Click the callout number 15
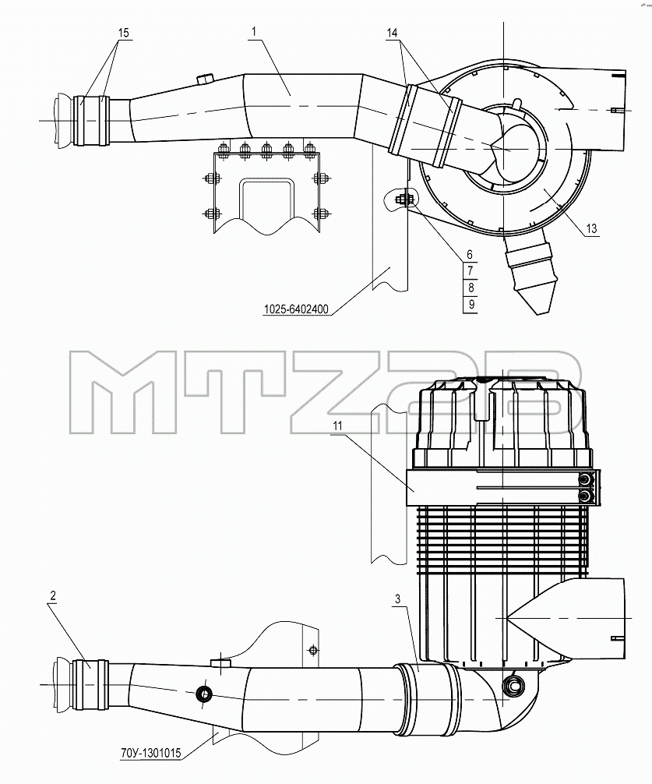(x=123, y=33)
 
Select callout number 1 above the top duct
(x=254, y=31)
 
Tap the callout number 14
(x=392, y=33)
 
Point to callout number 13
(x=591, y=228)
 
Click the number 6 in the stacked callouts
(x=470, y=255)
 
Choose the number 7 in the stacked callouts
(x=470, y=271)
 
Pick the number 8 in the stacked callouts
(x=470, y=288)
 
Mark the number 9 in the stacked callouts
(x=470, y=304)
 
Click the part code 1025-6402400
(x=296, y=309)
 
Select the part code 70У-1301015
(x=151, y=753)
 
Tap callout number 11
(x=338, y=426)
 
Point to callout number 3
(x=398, y=599)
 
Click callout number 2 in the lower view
(x=53, y=596)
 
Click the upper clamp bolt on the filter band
(x=584, y=480)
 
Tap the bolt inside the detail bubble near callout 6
(x=404, y=200)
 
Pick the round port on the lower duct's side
(x=204, y=694)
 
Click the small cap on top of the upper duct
(x=204, y=79)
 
